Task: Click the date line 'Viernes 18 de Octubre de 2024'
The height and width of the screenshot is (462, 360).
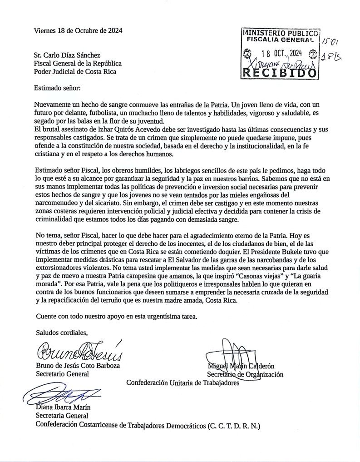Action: point(79,31)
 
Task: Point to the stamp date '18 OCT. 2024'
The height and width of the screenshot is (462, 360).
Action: point(279,54)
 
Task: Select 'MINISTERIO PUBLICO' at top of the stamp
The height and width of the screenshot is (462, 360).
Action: point(281,33)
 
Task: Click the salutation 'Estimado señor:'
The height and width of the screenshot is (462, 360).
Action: point(58,86)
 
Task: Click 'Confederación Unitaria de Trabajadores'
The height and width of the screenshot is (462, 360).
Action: point(183,383)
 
